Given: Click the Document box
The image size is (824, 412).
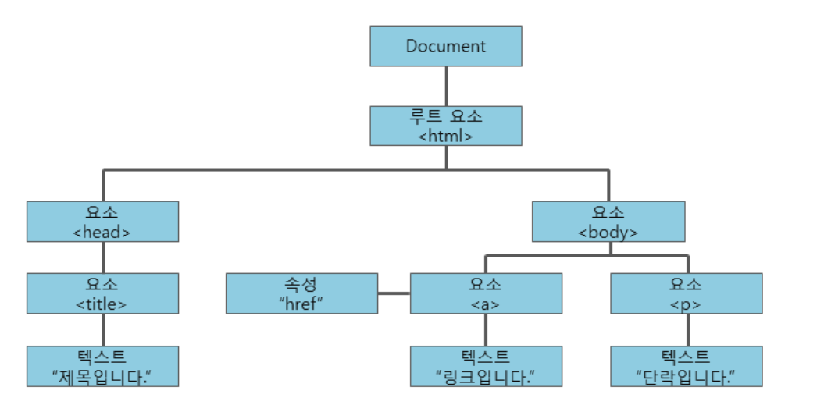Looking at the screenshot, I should tap(445, 46).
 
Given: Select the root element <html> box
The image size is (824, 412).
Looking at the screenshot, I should tap(445, 126).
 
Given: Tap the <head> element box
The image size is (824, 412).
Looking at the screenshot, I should tap(102, 222).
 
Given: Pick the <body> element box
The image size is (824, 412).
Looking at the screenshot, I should tap(608, 222).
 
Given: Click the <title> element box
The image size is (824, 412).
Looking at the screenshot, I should tap(102, 293).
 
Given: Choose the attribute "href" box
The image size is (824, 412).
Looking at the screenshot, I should tap(302, 293).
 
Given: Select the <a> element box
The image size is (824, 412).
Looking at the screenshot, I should tap(486, 293).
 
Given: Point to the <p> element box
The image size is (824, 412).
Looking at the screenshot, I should tap(686, 293).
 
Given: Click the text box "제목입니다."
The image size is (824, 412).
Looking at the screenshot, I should tap(102, 367).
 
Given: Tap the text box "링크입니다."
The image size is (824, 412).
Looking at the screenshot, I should tap(486, 367).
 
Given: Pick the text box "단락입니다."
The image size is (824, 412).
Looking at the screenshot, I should tap(686, 367).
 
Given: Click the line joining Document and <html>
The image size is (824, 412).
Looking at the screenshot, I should tap(445, 86).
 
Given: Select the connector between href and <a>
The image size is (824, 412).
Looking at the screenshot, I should tap(394, 293).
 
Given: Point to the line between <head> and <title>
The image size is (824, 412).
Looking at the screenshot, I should tap(102, 257).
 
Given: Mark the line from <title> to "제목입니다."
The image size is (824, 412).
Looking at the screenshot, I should tap(102, 330).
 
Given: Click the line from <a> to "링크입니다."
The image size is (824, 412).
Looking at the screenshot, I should tap(486, 330).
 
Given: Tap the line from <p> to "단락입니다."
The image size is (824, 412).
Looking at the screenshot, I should tap(686, 330).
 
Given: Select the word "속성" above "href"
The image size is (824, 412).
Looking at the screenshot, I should tap(301, 284).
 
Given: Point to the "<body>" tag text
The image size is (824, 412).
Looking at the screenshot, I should tap(608, 232).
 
